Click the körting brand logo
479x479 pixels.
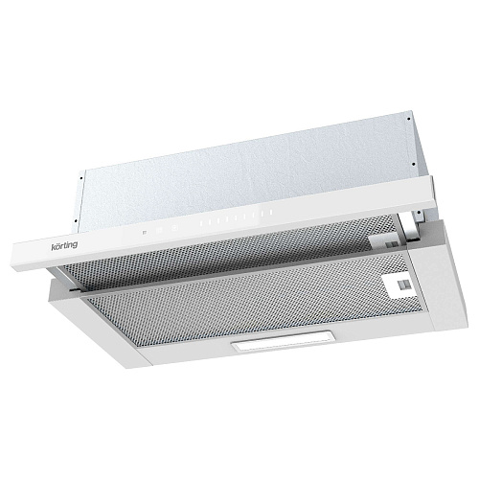click(x=64, y=246)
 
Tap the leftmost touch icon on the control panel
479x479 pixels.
click(x=145, y=232)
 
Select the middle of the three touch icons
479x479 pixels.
click(x=160, y=230)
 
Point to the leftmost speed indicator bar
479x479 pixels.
click(x=201, y=223)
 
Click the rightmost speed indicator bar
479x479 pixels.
click(x=270, y=212)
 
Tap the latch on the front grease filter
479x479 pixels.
click(x=400, y=285)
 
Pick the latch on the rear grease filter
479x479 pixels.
click(x=392, y=244)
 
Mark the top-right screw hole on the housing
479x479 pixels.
click(x=409, y=120)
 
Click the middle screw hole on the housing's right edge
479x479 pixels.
click(x=414, y=164)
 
